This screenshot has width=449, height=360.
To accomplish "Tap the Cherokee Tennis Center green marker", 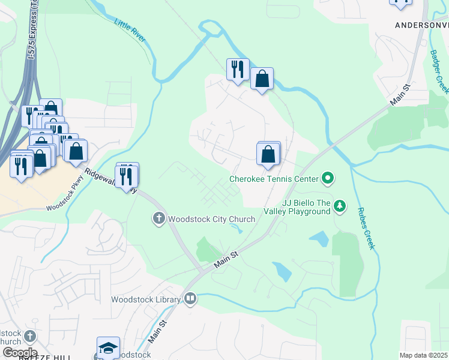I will (x=328, y=178).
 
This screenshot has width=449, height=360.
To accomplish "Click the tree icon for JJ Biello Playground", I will (x=340, y=206).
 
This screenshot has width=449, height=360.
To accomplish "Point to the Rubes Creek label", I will (x=366, y=228).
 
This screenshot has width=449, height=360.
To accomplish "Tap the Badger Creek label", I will (x=439, y=71).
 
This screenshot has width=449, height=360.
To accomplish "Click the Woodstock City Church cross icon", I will (x=159, y=219).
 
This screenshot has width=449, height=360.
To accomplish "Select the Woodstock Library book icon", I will (x=190, y=298).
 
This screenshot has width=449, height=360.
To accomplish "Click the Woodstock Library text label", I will (x=146, y=299).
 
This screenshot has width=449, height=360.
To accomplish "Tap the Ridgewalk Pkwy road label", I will (x=110, y=182).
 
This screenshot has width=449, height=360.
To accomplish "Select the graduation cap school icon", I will (x=108, y=348).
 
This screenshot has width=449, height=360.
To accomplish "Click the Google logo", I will (x=19, y=352).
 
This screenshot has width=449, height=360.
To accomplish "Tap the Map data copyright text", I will (x=423, y=355).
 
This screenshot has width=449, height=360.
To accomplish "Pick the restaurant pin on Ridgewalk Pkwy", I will (x=127, y=176).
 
